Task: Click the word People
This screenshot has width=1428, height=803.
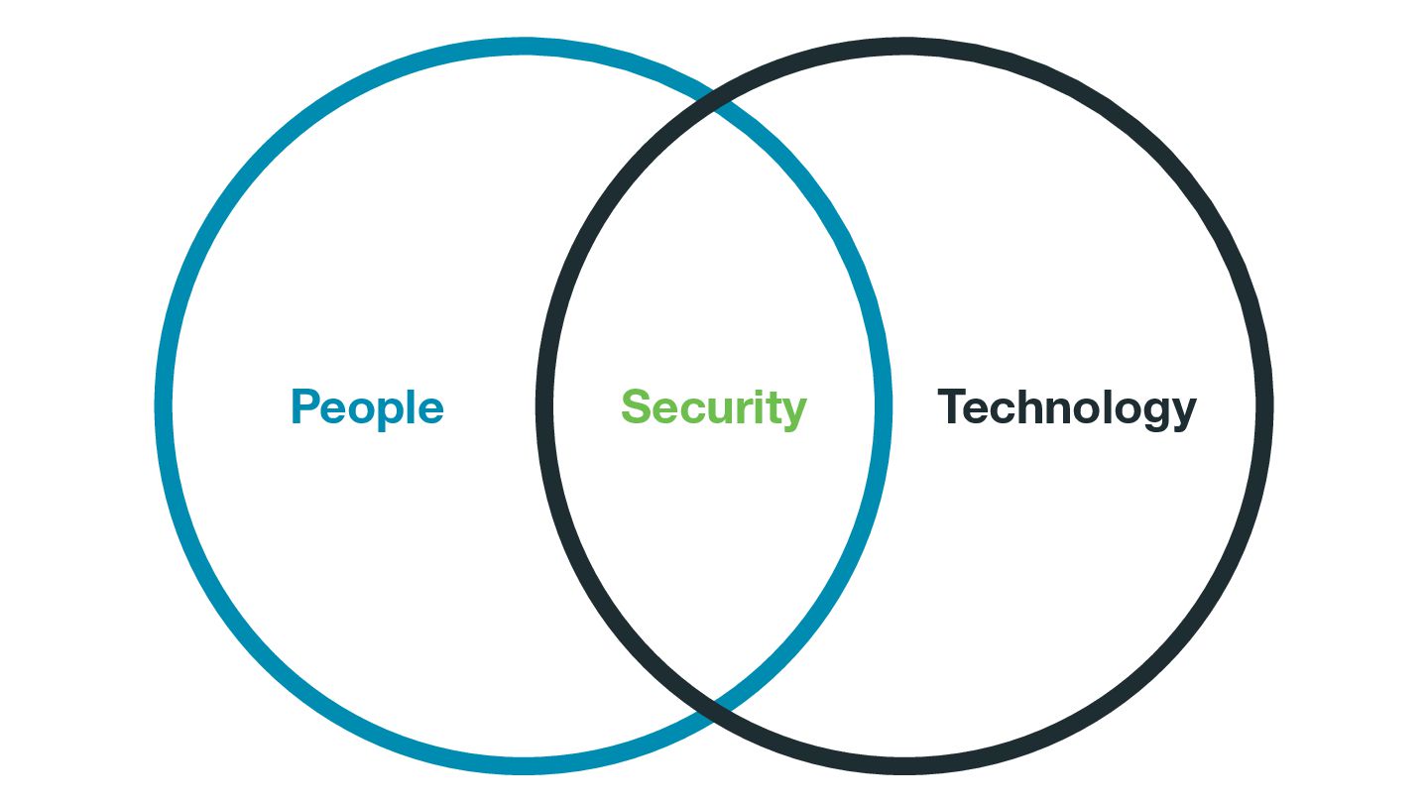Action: pyautogui.click(x=367, y=407)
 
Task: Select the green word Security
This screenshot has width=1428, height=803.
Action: pyautogui.click(x=714, y=407)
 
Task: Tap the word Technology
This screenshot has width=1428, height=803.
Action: pyautogui.click(x=1067, y=407)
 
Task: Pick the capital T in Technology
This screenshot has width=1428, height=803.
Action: pyautogui.click(x=951, y=406)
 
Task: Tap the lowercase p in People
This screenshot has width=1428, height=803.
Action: pyautogui.click(x=386, y=413)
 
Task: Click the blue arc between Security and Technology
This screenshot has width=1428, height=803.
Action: pyautogui.click(x=883, y=407)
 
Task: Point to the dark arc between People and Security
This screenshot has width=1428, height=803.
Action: pyautogui.click(x=544, y=407)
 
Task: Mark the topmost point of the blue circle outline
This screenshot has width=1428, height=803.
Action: pyautogui.click(x=524, y=47)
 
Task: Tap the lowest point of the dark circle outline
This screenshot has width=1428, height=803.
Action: pyautogui.click(x=904, y=766)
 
